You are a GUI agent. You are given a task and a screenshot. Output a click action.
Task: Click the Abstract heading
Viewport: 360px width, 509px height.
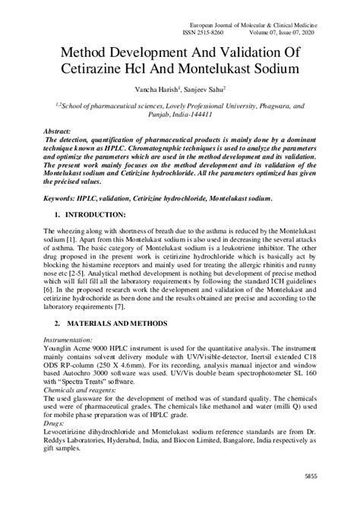coord(61,131)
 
